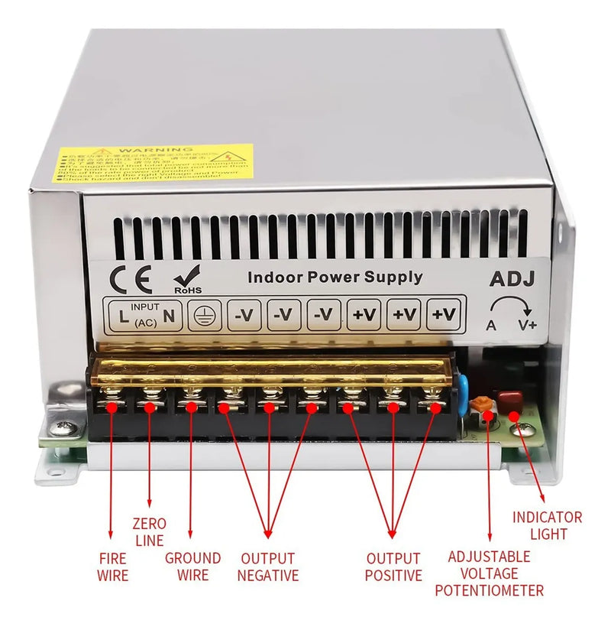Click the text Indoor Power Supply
(335, 277)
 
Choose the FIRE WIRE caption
(112, 567)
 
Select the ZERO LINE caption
(149, 531)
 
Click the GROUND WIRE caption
(192, 567)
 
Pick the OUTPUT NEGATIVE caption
(267, 567)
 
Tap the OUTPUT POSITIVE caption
(393, 567)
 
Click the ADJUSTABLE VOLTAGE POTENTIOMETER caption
(489, 573)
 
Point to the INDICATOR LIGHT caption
(547, 525)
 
